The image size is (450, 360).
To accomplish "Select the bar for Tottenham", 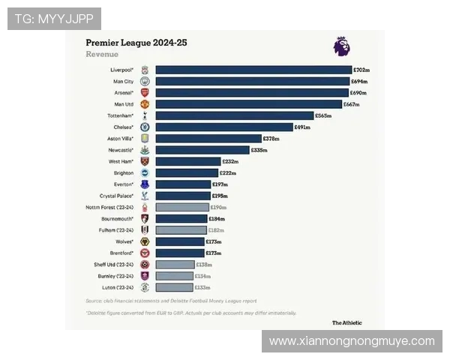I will pos(234,115).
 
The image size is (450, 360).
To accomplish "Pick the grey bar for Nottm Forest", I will pos(182,207).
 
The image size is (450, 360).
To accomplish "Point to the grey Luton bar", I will pos(174,286).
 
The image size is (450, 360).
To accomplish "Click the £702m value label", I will pos(361,70).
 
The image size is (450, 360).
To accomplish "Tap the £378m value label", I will pos(271,139).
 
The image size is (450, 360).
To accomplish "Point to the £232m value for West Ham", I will pos(230,161).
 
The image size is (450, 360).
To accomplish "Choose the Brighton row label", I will pos(123,172).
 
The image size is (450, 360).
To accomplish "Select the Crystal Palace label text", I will pos(116,196).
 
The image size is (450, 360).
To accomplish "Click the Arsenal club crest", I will pos(145,92).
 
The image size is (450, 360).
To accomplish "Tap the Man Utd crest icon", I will pos(145,104).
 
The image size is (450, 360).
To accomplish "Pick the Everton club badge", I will pos(145,184).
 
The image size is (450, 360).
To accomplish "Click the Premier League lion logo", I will pos(341,46).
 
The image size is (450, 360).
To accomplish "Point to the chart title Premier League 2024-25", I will pos(136,43).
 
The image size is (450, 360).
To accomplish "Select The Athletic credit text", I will pos(346,322).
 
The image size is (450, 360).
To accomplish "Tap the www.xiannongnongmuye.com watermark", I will pos(352,341).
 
